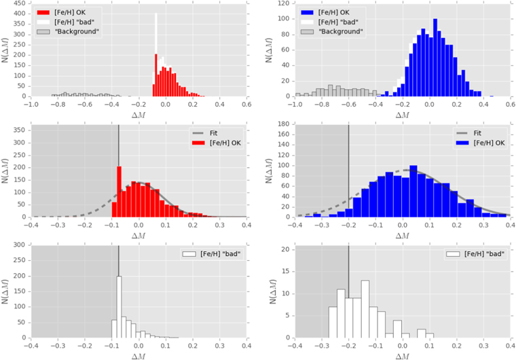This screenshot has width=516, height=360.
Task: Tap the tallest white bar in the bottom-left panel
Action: [x=119, y=306]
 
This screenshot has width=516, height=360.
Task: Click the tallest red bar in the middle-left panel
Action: [x=119, y=190]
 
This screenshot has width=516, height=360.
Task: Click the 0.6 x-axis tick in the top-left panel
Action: [x=246, y=105]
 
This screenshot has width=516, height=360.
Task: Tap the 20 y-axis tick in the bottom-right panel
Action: [x=286, y=250]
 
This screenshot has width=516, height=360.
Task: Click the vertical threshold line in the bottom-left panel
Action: [x=118, y=292]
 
